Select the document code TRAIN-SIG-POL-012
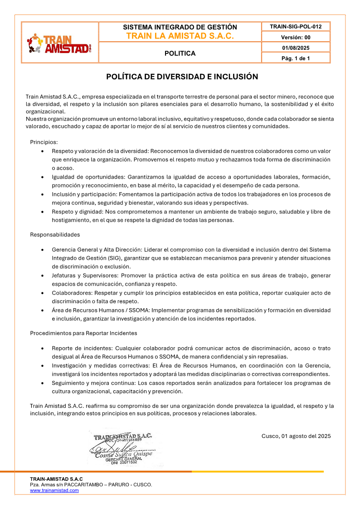coord(296,27)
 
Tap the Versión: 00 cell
coord(296,38)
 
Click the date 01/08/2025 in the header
coord(296,48)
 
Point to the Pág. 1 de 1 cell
coord(296,58)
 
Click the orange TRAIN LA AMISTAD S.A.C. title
coord(180,36)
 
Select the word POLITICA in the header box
coord(180,53)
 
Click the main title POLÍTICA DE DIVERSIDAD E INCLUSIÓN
coord(182,77)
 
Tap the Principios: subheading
coord(44,142)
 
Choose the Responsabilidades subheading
coord(55,234)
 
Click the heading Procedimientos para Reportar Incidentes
coord(83,333)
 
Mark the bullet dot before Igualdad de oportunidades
coord(43,177)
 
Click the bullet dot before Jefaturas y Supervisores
coord(43,276)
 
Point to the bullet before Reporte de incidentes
coord(43,349)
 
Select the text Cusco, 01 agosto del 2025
coord(296,436)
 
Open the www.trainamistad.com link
coord(54,490)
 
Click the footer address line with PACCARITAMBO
coord(91,485)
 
